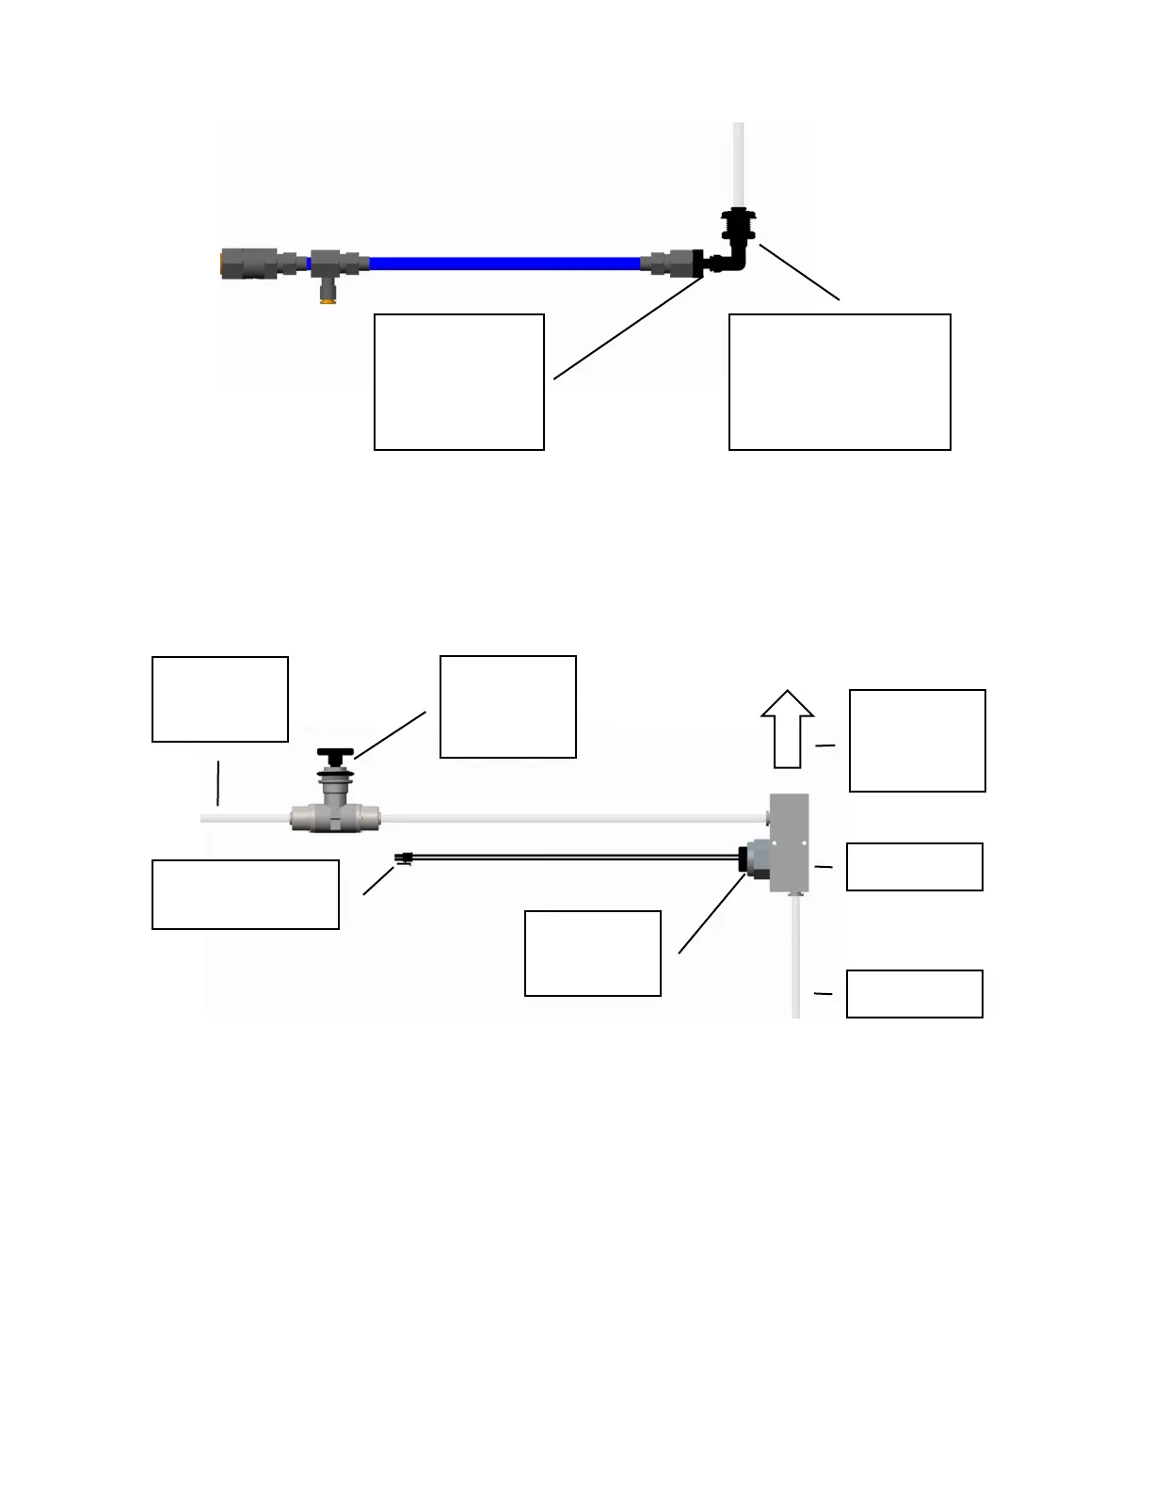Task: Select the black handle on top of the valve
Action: pyautogui.click(x=335, y=754)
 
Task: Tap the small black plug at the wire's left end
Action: pyautogui.click(x=404, y=858)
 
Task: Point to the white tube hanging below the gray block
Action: pyautogui.click(x=796, y=955)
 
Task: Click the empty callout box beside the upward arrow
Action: pyautogui.click(x=917, y=741)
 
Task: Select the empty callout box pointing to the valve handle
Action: pyautogui.click(x=507, y=707)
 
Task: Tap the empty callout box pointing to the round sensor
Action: pyautogui.click(x=592, y=954)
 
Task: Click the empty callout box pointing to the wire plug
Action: pyautogui.click(x=245, y=894)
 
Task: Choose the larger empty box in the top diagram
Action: pyautogui.click(x=840, y=382)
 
